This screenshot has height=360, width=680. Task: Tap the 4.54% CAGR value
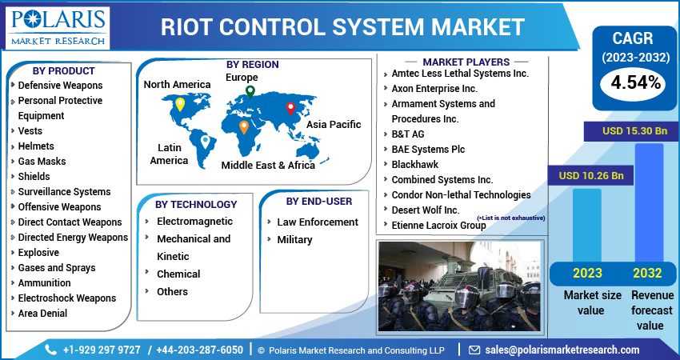pyautogui.click(x=635, y=82)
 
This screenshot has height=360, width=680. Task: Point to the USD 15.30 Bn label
pyautogui.click(x=634, y=130)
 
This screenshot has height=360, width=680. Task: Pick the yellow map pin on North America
pyautogui.click(x=180, y=104)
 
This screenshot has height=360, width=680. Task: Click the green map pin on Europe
pyautogui.click(x=250, y=92)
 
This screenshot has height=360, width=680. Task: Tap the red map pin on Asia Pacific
pyautogui.click(x=290, y=108)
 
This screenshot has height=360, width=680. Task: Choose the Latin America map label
pyautogui.click(x=169, y=154)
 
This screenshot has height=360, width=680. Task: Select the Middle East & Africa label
pyautogui.click(x=268, y=165)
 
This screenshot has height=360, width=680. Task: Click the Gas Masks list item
pyautogui.click(x=42, y=161)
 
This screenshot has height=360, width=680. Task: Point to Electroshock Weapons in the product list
pyautogui.click(x=66, y=298)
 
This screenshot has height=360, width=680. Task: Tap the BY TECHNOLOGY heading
pyautogui.click(x=196, y=204)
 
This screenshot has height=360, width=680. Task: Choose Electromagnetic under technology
pyautogui.click(x=194, y=221)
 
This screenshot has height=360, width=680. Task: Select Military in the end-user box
pyautogui.click(x=294, y=239)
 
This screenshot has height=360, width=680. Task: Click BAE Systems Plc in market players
pyautogui.click(x=428, y=149)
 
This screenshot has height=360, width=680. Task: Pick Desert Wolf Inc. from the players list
pyautogui.click(x=425, y=210)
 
